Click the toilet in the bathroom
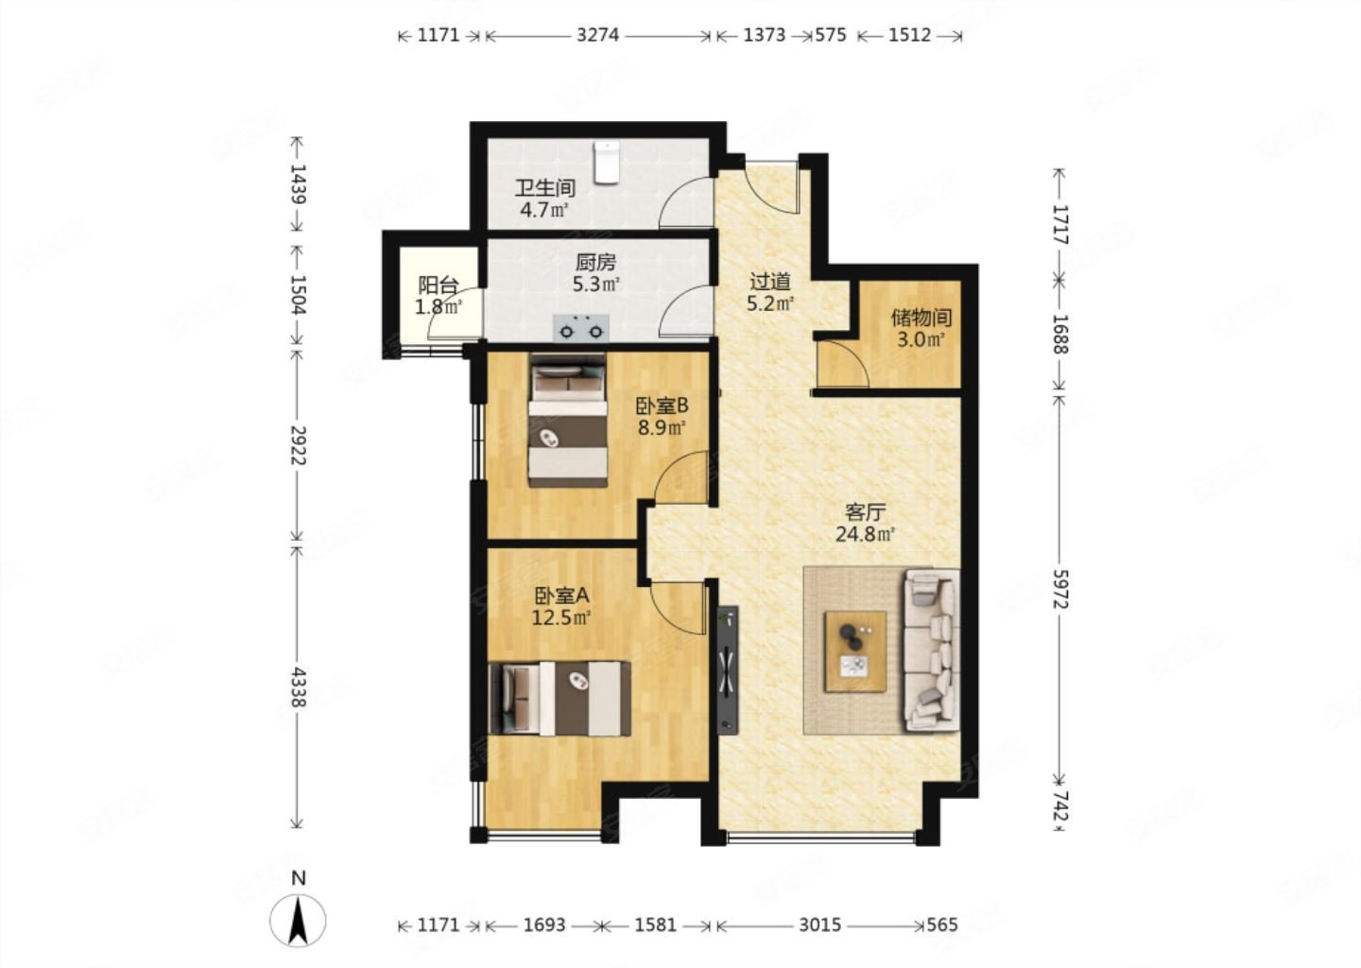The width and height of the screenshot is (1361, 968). pos(606,162)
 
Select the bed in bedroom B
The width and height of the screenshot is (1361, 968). pos(567,420)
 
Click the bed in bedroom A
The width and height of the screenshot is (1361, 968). pos(560,699)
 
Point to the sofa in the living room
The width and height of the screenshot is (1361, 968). pos(931,650)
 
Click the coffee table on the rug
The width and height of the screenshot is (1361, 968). pos(855,651)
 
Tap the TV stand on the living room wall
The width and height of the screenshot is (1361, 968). pos(727,669)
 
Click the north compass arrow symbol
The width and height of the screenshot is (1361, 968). pos(299,920)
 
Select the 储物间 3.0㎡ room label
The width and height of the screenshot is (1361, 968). pos(921,328)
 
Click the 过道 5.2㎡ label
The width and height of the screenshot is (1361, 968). pos(770,292)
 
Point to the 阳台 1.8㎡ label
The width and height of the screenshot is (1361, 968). pos(439,295)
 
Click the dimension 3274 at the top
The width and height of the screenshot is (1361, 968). pos(597,36)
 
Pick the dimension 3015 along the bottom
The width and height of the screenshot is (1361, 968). pos(819,925)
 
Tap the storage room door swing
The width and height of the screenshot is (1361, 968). pos(844,361)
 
